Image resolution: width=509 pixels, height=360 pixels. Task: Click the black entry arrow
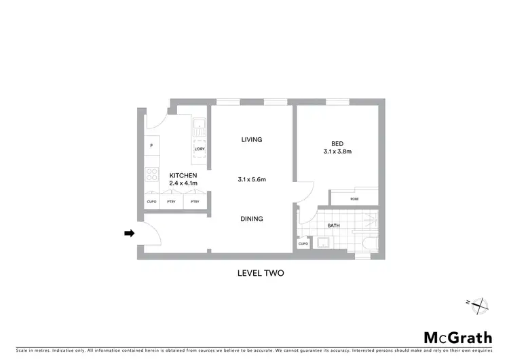coord(129,234)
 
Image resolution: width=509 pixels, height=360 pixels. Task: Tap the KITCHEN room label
coord(183,175)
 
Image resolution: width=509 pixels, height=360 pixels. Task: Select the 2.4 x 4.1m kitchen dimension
coord(183,183)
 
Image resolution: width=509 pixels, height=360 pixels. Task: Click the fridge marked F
coord(151,147)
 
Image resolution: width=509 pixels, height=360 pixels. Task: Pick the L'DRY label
coord(200,149)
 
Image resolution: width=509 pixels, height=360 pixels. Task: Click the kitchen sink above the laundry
coord(200,125)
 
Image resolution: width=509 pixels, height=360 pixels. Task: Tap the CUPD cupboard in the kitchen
coord(151,202)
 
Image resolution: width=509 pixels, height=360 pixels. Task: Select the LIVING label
coord(251,140)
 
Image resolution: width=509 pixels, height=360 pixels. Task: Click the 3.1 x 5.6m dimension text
coord(251,179)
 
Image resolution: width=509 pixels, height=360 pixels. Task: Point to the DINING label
coord(251,219)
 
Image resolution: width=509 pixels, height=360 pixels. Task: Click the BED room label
coord(337,143)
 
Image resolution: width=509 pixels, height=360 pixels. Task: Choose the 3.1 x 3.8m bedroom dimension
coord(337,151)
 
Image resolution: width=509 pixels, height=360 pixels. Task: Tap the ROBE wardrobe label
coord(354,198)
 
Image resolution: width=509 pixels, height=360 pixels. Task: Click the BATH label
coord(333,225)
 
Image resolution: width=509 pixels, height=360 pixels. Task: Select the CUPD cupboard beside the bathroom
coord(303,243)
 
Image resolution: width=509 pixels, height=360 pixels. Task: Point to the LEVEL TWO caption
coord(260,274)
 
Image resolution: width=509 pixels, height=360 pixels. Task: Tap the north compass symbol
coord(478,306)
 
